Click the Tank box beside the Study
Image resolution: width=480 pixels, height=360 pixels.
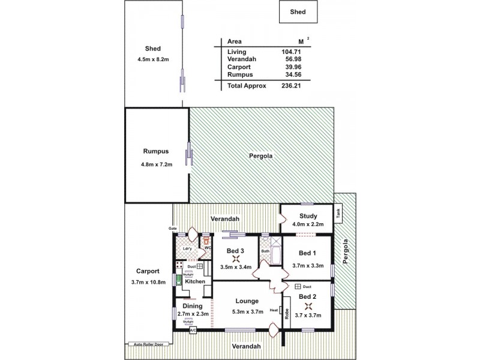(339, 212)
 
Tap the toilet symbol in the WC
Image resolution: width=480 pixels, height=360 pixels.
(207, 238)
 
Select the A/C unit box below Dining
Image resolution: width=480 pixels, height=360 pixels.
(193, 330)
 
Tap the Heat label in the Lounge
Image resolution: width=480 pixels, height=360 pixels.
(274, 310)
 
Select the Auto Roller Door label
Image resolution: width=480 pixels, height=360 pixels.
(148, 344)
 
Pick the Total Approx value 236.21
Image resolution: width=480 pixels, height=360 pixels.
(291, 86)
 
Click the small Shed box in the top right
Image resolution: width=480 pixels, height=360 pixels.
(298, 10)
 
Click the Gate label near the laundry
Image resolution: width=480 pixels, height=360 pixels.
(172, 229)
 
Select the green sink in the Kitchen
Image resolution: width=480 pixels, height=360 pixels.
(178, 280)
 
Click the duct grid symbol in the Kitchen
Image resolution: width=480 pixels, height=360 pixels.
(200, 265)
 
